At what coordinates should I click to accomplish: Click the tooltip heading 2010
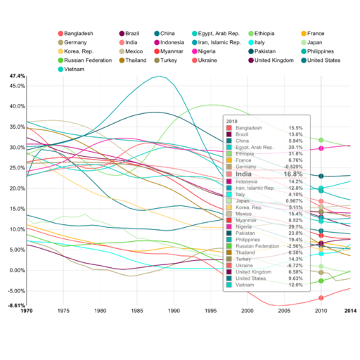tap(231, 121)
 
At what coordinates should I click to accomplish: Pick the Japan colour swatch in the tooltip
tap(229, 201)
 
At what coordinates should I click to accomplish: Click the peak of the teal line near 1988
tap(161, 76)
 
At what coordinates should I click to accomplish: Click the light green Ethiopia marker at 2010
tap(321, 141)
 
